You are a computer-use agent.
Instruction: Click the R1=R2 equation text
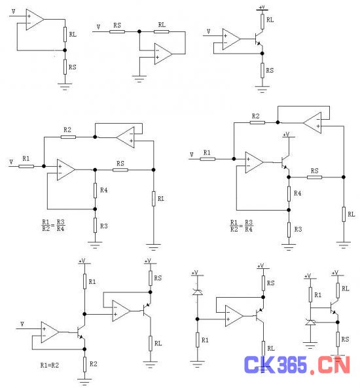(50, 365)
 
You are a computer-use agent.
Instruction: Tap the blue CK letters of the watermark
(259, 364)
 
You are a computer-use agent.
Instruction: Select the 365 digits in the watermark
(292, 364)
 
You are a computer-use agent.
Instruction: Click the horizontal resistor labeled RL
(162, 31)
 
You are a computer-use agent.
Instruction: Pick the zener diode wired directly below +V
(197, 292)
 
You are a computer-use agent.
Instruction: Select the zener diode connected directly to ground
(310, 322)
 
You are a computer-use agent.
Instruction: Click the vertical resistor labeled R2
(84, 364)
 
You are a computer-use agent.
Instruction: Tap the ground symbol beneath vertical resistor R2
(84, 381)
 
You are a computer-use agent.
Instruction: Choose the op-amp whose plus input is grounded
(163, 54)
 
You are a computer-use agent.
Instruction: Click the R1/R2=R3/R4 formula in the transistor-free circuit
(53, 225)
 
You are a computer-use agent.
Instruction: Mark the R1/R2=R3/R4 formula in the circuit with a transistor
(242, 226)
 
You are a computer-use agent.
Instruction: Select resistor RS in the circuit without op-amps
(338, 339)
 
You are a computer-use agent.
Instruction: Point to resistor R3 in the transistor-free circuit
(95, 226)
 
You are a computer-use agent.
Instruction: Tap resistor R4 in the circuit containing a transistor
(289, 194)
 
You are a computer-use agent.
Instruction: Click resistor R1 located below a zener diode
(197, 340)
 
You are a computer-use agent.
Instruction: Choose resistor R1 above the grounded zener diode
(310, 294)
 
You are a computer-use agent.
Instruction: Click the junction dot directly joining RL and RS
(65, 50)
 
